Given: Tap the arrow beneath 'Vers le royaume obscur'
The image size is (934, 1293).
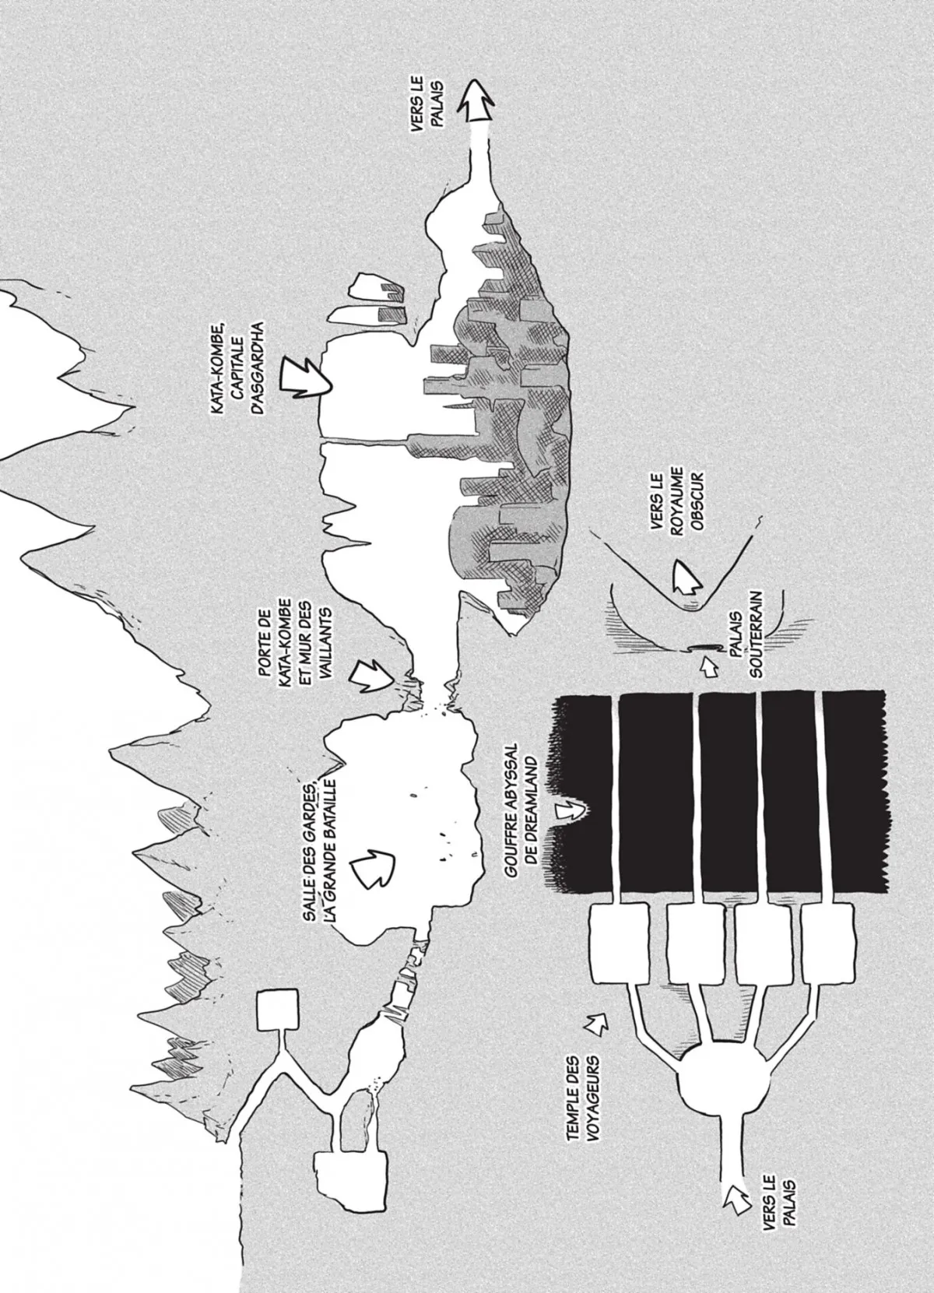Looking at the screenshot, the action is [686, 576].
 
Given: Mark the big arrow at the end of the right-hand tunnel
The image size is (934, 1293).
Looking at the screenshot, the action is [478, 101].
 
